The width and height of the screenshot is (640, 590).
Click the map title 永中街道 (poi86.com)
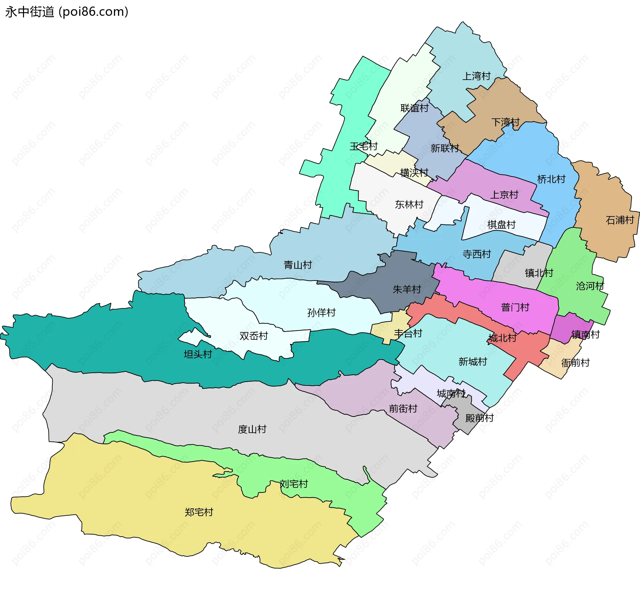pos(67,12)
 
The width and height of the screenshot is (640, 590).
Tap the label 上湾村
pos(476,76)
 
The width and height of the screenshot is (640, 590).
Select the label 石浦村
pos(620,220)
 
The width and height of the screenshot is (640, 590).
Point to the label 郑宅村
pos(199,512)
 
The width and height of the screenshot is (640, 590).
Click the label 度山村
pos(252,429)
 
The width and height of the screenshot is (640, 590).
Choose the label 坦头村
pos(198,354)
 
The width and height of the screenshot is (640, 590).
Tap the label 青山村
pos(298,265)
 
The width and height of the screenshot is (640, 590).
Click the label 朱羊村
pos(407,289)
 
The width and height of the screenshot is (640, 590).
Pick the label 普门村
pos(515,307)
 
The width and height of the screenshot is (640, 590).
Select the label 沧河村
pos(590,286)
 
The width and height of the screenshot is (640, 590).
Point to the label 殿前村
pos(479,418)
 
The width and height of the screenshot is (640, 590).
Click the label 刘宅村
pos(294,484)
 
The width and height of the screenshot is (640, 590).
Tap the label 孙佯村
pos(321,312)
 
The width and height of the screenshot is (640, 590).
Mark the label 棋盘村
pos(501,225)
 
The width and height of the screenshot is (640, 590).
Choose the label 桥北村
pos(551,179)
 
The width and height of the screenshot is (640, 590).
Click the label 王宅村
pos(364,146)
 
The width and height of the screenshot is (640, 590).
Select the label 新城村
pos(473,361)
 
